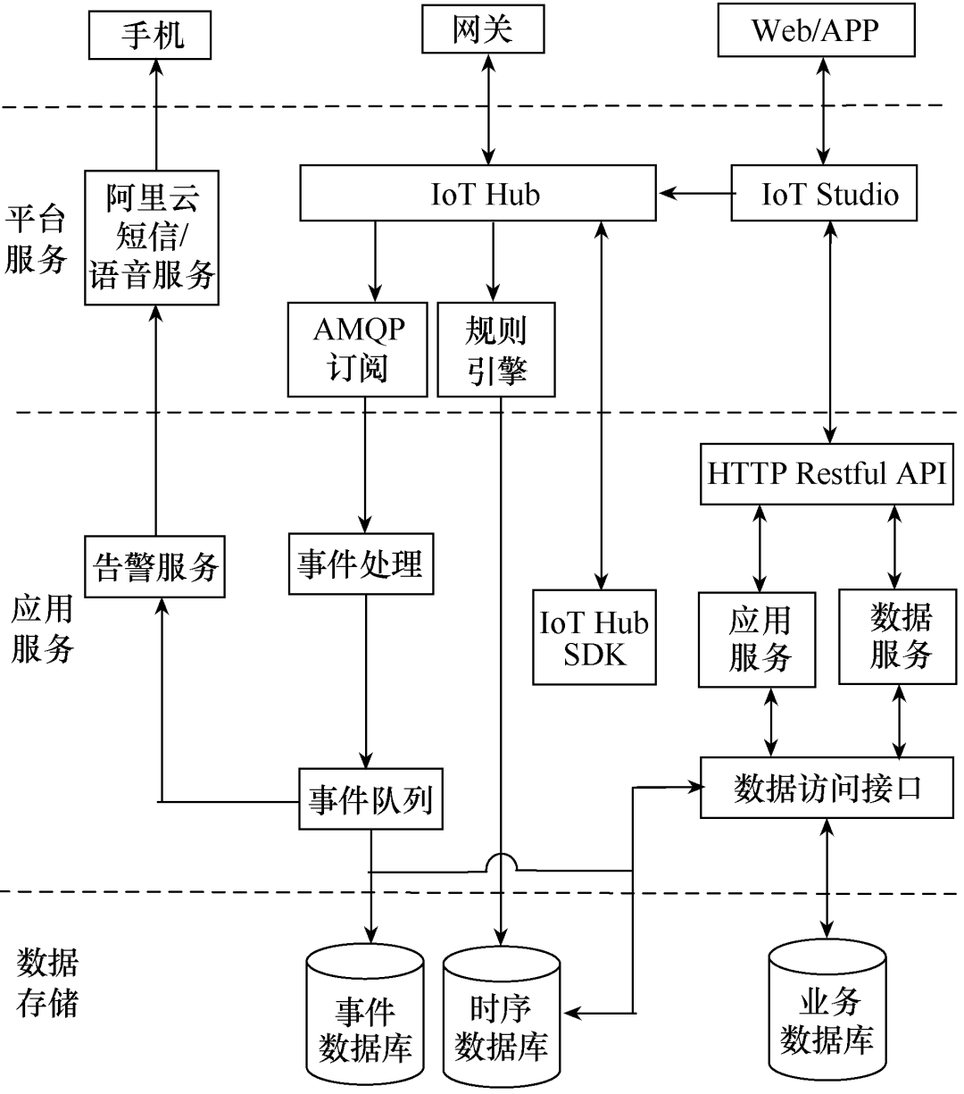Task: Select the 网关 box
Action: [483, 32]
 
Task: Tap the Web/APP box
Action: [815, 31]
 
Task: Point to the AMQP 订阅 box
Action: [359, 349]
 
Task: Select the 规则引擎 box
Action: [496, 349]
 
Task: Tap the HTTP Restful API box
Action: [826, 473]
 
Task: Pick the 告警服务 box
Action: [155, 566]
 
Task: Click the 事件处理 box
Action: [360, 564]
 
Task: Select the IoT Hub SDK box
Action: [594, 637]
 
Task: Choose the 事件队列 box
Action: [370, 798]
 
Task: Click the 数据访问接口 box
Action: [827, 788]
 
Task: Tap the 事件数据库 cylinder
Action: [364, 1018]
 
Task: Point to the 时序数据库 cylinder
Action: [501, 1023]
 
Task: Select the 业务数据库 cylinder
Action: [827, 1016]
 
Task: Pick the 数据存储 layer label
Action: [47, 983]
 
